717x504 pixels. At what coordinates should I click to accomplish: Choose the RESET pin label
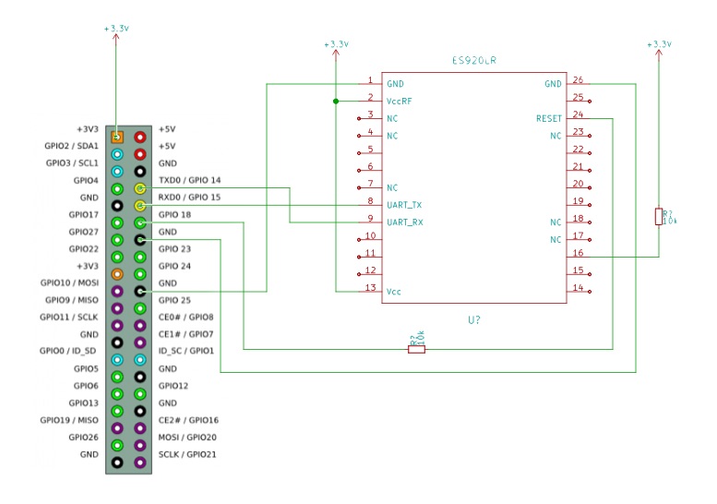pos(548,118)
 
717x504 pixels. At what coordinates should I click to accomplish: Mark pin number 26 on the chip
pos(577,80)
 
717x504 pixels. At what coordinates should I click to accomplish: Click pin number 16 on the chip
pos(577,252)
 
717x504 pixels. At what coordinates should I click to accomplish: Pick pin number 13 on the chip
pos(370,288)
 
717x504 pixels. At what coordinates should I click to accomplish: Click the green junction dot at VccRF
pos(336,101)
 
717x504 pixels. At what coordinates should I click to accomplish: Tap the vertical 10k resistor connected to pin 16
pos(658,216)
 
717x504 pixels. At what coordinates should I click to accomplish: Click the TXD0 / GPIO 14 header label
pos(189,180)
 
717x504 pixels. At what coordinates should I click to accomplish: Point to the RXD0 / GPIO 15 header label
pos(189,197)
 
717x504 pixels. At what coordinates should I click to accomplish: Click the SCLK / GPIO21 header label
pos(186,454)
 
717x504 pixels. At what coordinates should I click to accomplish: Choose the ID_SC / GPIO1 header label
pos(186,351)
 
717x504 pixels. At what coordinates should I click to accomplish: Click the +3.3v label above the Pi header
pos(116,29)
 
